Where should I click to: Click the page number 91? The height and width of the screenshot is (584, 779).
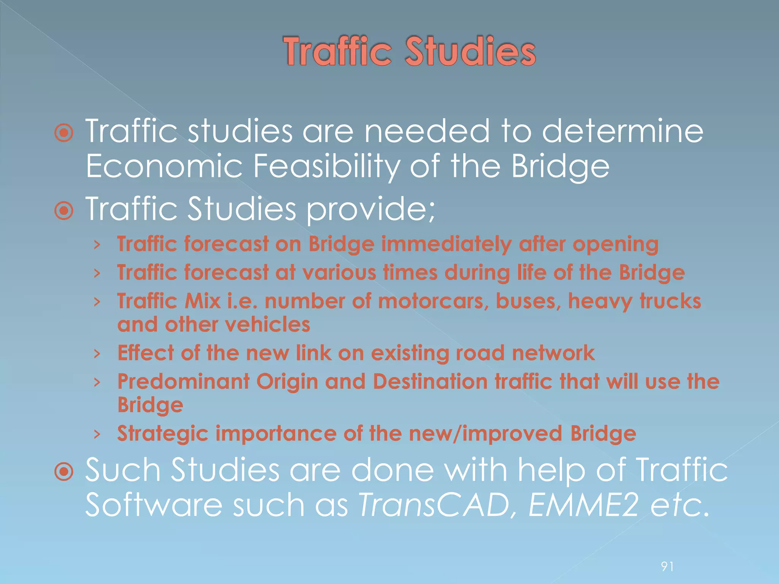point(668,567)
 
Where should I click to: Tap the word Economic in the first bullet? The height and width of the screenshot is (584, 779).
point(164,166)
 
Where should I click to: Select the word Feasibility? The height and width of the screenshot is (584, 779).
point(326,166)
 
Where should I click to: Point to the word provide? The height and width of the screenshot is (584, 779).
point(370,209)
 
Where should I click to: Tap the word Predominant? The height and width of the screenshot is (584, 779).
point(183,381)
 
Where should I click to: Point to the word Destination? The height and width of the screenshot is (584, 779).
point(430,381)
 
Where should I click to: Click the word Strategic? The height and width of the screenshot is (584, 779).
point(163,434)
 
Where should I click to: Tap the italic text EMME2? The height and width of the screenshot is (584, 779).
point(583,505)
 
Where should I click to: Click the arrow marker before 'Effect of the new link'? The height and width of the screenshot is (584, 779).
point(97,354)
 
